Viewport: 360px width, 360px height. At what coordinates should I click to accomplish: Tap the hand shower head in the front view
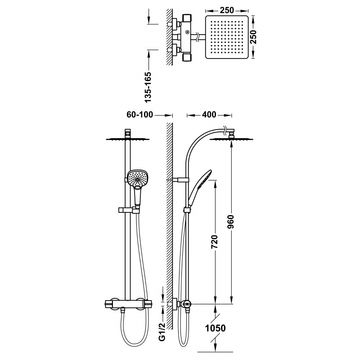click(137, 179)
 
